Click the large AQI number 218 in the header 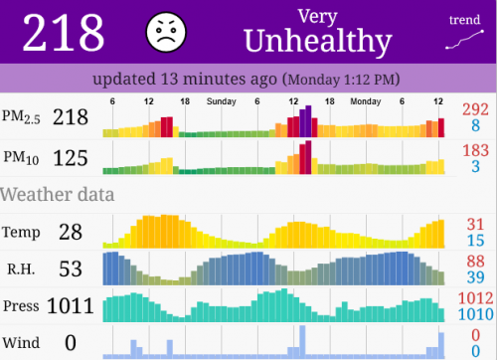64,34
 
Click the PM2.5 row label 22,117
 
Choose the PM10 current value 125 71,157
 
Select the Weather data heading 58,193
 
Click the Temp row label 22,232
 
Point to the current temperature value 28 70,232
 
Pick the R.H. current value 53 70,269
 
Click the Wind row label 21,343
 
